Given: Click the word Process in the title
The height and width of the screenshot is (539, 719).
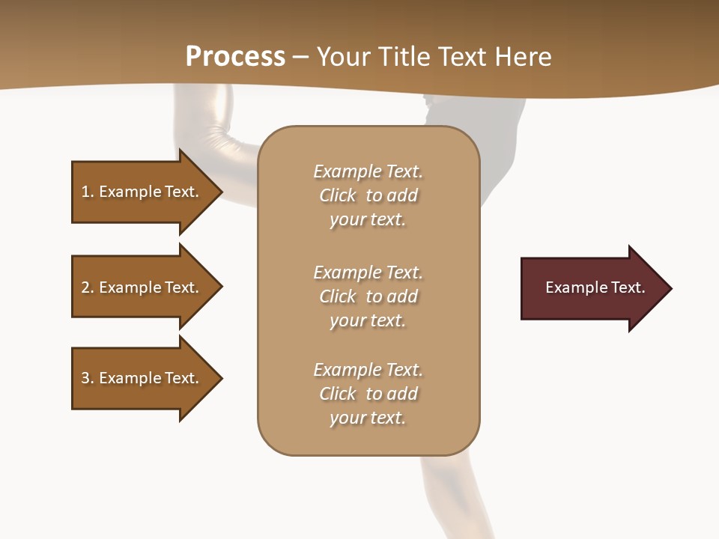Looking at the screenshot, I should (x=235, y=57).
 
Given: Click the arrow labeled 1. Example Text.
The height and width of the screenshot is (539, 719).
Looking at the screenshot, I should (x=142, y=192).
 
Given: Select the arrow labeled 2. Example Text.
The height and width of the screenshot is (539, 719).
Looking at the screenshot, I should (x=142, y=287).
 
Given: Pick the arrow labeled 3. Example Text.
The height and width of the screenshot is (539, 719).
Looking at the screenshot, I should (x=142, y=378).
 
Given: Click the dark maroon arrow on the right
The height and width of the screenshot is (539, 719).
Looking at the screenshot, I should (x=592, y=288).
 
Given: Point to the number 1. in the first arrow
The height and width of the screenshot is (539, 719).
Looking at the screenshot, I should (x=88, y=192).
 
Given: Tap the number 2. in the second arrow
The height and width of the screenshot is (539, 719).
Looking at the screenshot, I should (x=88, y=287).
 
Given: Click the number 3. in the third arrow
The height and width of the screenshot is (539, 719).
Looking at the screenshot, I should (x=88, y=378).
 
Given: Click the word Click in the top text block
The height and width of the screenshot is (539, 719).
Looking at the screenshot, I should (x=338, y=195).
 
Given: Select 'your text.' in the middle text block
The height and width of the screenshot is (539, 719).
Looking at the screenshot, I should (x=368, y=320).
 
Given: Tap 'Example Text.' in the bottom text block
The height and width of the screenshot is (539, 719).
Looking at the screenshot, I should (x=368, y=370).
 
